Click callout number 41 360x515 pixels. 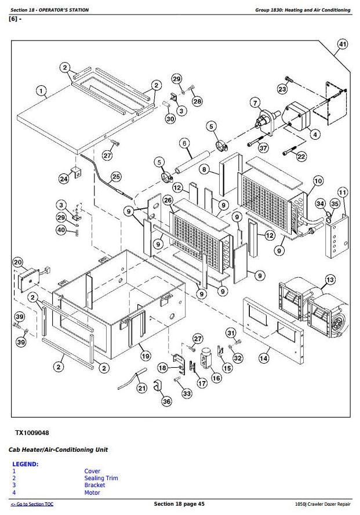coord(343,45)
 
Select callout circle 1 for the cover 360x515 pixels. coord(41,90)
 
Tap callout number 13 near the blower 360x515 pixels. coord(330,280)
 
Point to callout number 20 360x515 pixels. coord(17,262)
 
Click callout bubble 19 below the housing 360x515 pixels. coord(145,356)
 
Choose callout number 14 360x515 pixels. coord(264,358)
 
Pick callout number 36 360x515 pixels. coord(166,401)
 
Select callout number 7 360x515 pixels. coord(255,103)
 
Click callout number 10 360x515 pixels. coord(318,181)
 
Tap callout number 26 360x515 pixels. coord(168,201)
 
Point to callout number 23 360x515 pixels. coord(282,89)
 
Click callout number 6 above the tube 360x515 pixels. coord(184,143)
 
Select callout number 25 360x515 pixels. coord(116,177)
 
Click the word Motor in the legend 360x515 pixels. coord(92,492)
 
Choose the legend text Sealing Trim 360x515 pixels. coord(101,478)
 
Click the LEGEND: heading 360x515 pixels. coord(26,464)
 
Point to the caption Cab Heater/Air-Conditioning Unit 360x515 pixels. coord(58,449)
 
